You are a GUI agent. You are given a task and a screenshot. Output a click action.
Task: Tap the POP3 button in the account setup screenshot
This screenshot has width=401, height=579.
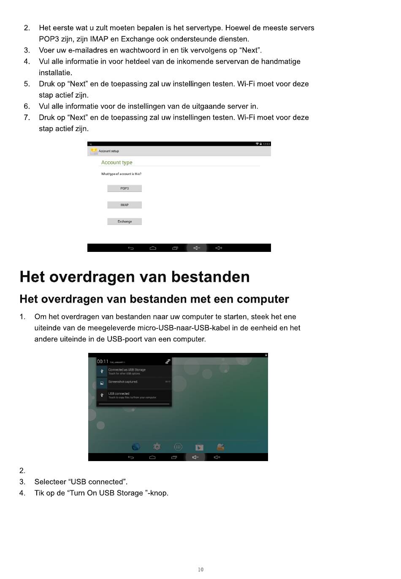pos(125,188)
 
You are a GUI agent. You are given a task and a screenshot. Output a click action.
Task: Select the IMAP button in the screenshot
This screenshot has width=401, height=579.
pos(125,205)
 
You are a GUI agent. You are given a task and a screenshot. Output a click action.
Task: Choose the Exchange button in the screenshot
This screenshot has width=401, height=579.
pos(125,221)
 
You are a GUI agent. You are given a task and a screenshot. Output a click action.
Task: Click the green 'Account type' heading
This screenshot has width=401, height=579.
pos(117,163)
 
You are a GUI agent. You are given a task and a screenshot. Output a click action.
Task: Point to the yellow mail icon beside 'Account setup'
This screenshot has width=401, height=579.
pos(94,151)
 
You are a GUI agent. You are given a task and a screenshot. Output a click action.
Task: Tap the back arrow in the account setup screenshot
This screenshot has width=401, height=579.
pos(131,248)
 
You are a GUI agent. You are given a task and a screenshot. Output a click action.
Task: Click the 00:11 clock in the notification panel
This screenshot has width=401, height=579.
pos(103,362)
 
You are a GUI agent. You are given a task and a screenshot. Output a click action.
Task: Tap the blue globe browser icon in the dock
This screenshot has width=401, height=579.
pos(135,447)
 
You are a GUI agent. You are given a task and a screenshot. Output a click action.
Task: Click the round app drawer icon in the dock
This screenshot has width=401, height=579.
pos(178,447)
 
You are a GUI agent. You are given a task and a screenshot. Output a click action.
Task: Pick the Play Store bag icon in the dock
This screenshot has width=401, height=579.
pos(199,447)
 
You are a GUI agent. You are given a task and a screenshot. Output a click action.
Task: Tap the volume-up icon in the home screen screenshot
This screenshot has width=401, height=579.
pos(217,457)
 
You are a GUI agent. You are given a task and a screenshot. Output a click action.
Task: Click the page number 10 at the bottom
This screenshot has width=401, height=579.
pos(200,570)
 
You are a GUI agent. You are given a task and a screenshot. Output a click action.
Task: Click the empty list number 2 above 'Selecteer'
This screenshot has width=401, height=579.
pos(22,471)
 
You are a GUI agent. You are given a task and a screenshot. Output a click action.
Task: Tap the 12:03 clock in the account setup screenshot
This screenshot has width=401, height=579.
pos(266,144)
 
